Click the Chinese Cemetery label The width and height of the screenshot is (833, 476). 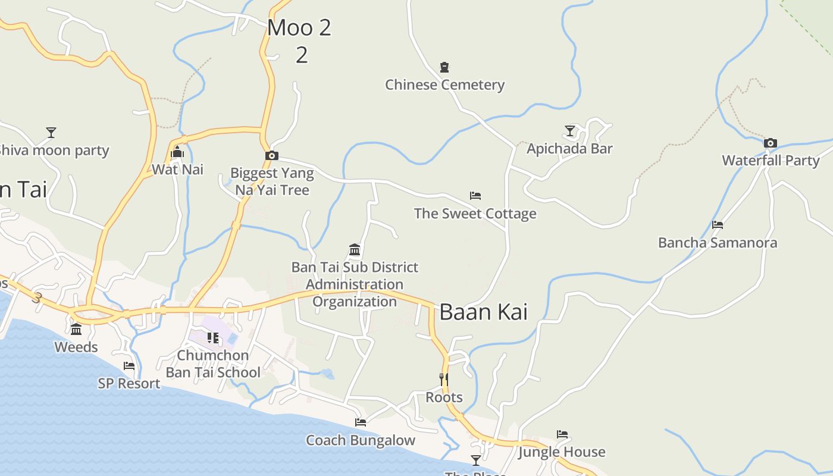[x=444, y=84]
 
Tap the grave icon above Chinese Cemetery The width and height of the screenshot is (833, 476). [x=444, y=67]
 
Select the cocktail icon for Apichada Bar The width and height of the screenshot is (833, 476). [x=570, y=131]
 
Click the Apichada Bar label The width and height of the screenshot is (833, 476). [x=569, y=149]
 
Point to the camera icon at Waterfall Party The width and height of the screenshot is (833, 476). [x=770, y=143]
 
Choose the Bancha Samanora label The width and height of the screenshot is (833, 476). [x=717, y=243]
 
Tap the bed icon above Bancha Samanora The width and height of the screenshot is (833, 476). [x=718, y=225]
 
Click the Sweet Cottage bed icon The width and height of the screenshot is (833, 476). [x=475, y=196]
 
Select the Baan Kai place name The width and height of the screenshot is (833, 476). [x=483, y=312]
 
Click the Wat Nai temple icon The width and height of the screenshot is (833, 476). [x=177, y=152]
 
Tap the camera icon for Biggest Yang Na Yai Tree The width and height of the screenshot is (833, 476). [x=272, y=156]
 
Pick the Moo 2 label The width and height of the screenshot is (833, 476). [x=299, y=28]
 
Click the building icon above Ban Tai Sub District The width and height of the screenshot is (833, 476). [x=355, y=249]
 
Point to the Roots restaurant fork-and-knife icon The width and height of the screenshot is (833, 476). [x=443, y=379]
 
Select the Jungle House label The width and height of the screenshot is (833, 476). [x=562, y=452]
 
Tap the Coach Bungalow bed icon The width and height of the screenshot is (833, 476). [x=361, y=422]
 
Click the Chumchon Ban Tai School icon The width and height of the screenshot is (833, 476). [x=213, y=338]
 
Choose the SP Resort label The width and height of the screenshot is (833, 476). [x=129, y=384]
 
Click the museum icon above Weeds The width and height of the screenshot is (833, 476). [x=76, y=330]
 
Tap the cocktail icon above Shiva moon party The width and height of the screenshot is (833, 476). [x=52, y=132]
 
